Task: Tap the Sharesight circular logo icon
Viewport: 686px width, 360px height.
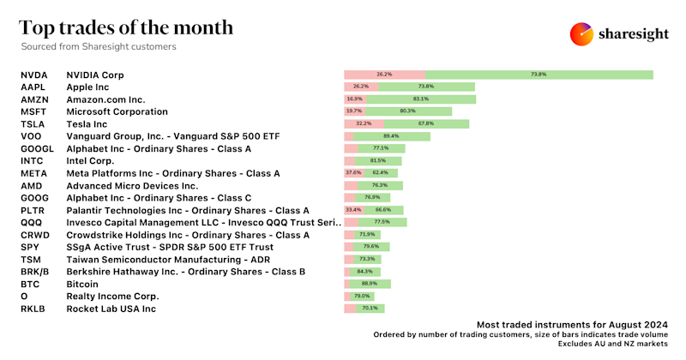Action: pyautogui.click(x=582, y=34)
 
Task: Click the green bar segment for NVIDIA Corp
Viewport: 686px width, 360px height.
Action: pyautogui.click(x=539, y=75)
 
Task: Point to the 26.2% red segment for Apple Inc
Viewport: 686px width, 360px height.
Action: pyautogui.click(x=360, y=87)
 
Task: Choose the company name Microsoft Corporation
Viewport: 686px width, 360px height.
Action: pyautogui.click(x=117, y=111)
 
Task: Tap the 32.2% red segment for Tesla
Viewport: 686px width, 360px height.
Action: pyautogui.click(x=364, y=123)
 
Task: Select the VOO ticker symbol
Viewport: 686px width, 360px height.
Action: pyautogui.click(x=30, y=136)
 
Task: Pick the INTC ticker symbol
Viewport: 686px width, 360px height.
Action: pyautogui.click(x=32, y=160)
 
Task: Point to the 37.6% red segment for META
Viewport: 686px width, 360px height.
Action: pyautogui.click(x=352, y=173)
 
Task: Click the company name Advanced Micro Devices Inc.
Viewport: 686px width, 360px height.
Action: pyautogui.click(x=132, y=185)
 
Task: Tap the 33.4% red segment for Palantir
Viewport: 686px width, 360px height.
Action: pyautogui.click(x=352, y=210)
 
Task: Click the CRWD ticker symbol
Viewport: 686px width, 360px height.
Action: pyautogui.click(x=33, y=234)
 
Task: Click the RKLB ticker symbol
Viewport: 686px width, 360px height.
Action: pyautogui.click(x=33, y=308)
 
